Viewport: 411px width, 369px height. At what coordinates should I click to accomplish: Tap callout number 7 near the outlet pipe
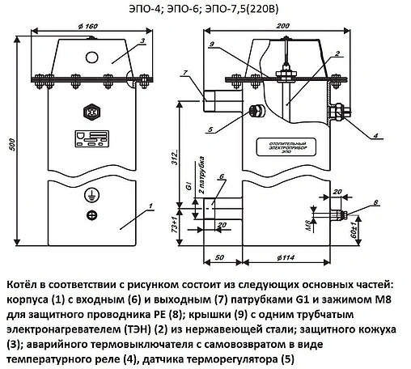click(184, 73)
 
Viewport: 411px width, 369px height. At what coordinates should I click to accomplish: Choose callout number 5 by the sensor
click(188, 126)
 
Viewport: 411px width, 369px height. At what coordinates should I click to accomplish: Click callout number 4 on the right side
click(354, 134)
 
